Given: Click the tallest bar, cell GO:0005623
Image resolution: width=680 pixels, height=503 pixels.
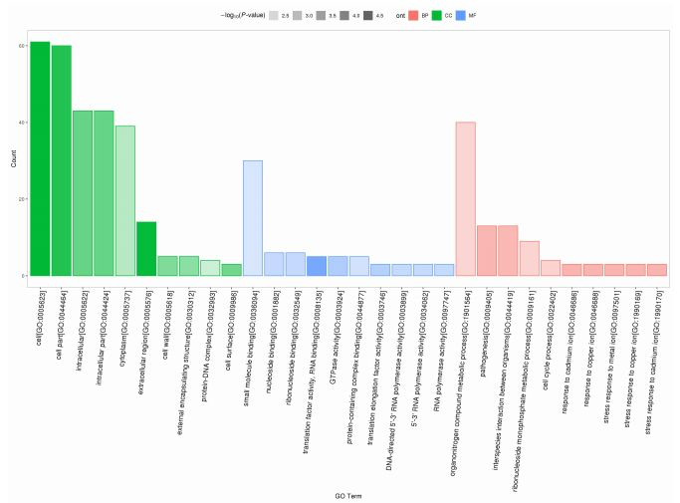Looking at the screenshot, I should pos(40,159).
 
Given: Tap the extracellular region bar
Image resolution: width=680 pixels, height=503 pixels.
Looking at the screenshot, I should pos(146,249).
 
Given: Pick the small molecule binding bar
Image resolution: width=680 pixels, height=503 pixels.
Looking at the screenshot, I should pos(253,218).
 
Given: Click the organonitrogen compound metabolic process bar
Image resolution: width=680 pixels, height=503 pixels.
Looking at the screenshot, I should pos(465,199).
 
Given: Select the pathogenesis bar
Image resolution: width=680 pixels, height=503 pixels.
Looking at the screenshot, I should pos(487,251).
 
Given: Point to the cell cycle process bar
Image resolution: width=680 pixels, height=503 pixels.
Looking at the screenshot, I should pos(551,268).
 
